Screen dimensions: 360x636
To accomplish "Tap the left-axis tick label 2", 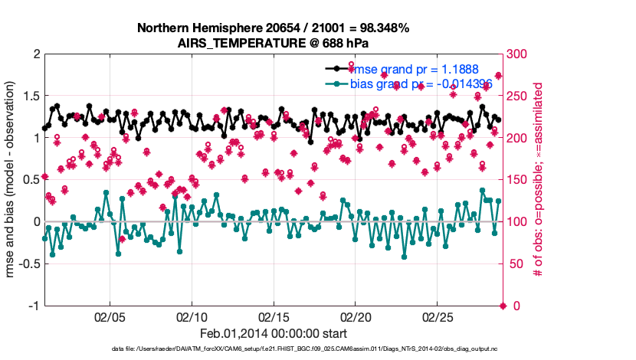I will pyautogui.click(x=35, y=54).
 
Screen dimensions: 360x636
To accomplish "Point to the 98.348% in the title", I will pyautogui.click(x=384, y=28).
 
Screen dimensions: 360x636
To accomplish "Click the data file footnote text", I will pyautogui.click(x=273, y=350).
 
